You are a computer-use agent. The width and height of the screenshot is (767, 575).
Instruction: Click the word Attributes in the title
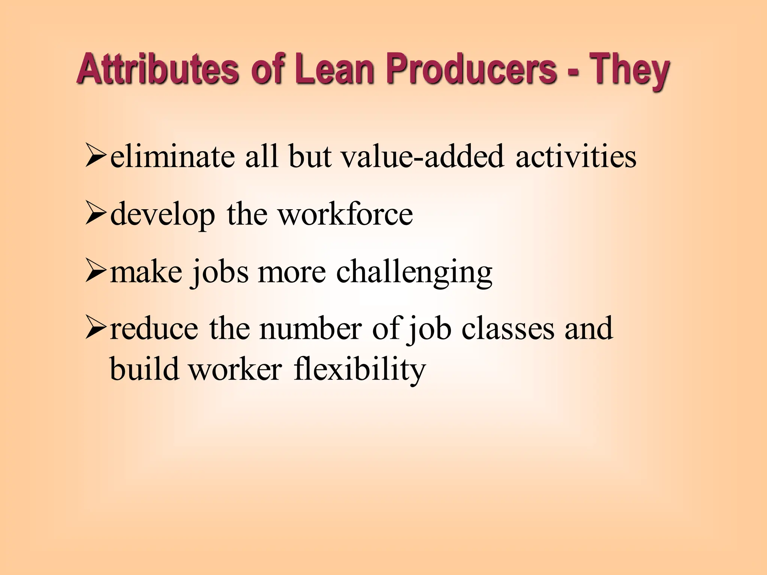pos(158,69)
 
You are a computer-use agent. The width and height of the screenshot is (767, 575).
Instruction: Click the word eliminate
pos(173,156)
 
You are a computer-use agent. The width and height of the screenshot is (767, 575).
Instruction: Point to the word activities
pos(576,156)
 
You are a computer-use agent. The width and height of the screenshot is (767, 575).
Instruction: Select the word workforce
pos(345,214)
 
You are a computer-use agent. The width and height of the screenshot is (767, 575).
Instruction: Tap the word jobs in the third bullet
pos(219,273)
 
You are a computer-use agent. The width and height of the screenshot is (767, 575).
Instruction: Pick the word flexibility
pos(360,369)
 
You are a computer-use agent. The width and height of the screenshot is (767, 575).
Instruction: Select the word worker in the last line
pos(235,369)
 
